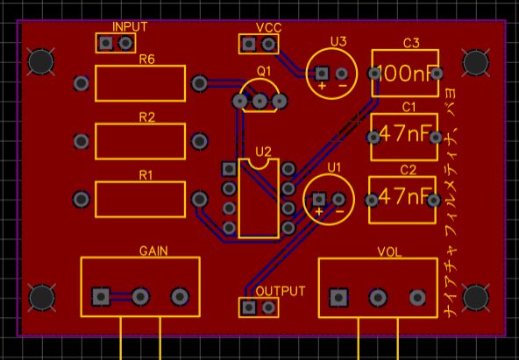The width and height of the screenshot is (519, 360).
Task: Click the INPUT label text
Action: point(130,27)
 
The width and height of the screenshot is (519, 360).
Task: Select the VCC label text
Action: point(268,28)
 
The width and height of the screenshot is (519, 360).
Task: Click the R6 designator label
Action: point(146,60)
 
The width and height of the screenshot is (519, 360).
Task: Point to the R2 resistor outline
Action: point(140,140)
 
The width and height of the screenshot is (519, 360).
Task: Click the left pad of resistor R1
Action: point(82,199)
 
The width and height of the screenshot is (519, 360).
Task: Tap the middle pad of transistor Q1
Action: point(259,102)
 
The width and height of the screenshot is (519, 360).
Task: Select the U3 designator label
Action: point(338,41)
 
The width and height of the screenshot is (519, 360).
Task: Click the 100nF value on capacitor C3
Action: point(407,74)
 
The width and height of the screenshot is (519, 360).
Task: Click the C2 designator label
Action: point(409,170)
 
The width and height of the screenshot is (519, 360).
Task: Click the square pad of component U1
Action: point(319,200)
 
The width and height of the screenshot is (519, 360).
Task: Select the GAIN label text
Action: point(153,251)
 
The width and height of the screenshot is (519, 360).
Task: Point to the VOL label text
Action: point(389,252)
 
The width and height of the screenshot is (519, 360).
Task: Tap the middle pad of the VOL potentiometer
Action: point(378,298)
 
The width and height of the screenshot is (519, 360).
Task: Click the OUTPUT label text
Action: point(281,291)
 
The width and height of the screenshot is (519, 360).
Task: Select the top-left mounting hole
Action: point(39,61)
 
